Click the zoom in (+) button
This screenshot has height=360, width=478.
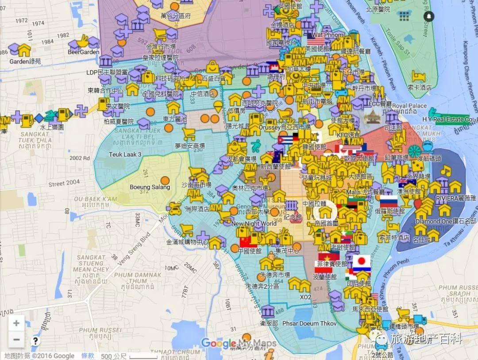pos(16,323)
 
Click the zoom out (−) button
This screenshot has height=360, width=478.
pos(16,340)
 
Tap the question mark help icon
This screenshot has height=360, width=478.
pos(36,341)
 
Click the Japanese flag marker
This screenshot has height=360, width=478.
pos(361,261)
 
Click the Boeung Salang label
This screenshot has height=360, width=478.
pos(150,187)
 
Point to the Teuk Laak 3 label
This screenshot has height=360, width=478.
pos(125,155)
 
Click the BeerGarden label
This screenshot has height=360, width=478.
pos(83,52)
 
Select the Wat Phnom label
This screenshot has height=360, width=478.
pos(328,35)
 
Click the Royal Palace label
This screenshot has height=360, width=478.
pos(410,106)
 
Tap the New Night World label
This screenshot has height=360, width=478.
pos(254,224)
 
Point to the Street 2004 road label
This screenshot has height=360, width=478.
pos(64,182)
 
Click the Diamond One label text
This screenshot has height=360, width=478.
pos(434,221)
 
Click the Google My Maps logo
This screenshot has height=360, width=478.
pos(239,343)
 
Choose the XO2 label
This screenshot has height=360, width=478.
pos(305,297)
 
